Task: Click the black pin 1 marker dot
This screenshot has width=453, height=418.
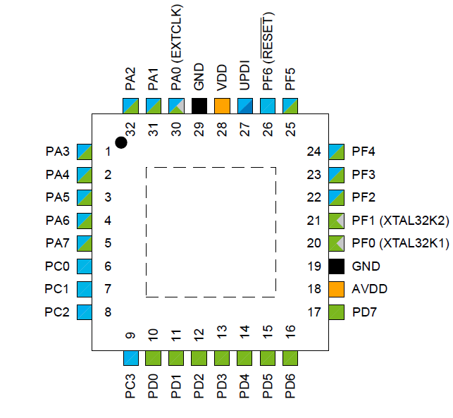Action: pos(121,142)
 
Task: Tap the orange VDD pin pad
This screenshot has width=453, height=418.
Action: pos(222,106)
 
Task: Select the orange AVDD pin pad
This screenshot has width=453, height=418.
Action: pos(337,289)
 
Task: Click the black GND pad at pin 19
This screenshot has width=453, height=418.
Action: pos(337,266)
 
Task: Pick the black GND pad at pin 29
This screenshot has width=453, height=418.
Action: pos(199,106)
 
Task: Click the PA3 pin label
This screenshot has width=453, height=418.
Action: pos(57,152)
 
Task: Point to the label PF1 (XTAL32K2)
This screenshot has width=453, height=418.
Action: pos(399,221)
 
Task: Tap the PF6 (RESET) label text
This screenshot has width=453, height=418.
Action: pos(268,59)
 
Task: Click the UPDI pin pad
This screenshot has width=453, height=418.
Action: pos(245,106)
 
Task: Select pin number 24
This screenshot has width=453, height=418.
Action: pos(314,152)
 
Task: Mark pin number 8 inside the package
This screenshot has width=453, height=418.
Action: pos(108,312)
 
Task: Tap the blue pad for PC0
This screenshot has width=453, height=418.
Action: pos(85,266)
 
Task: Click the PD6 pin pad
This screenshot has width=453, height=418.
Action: pos(290,357)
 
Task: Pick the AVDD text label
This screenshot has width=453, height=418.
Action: pos(369,289)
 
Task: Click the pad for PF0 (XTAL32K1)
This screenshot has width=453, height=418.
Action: pos(337,243)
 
